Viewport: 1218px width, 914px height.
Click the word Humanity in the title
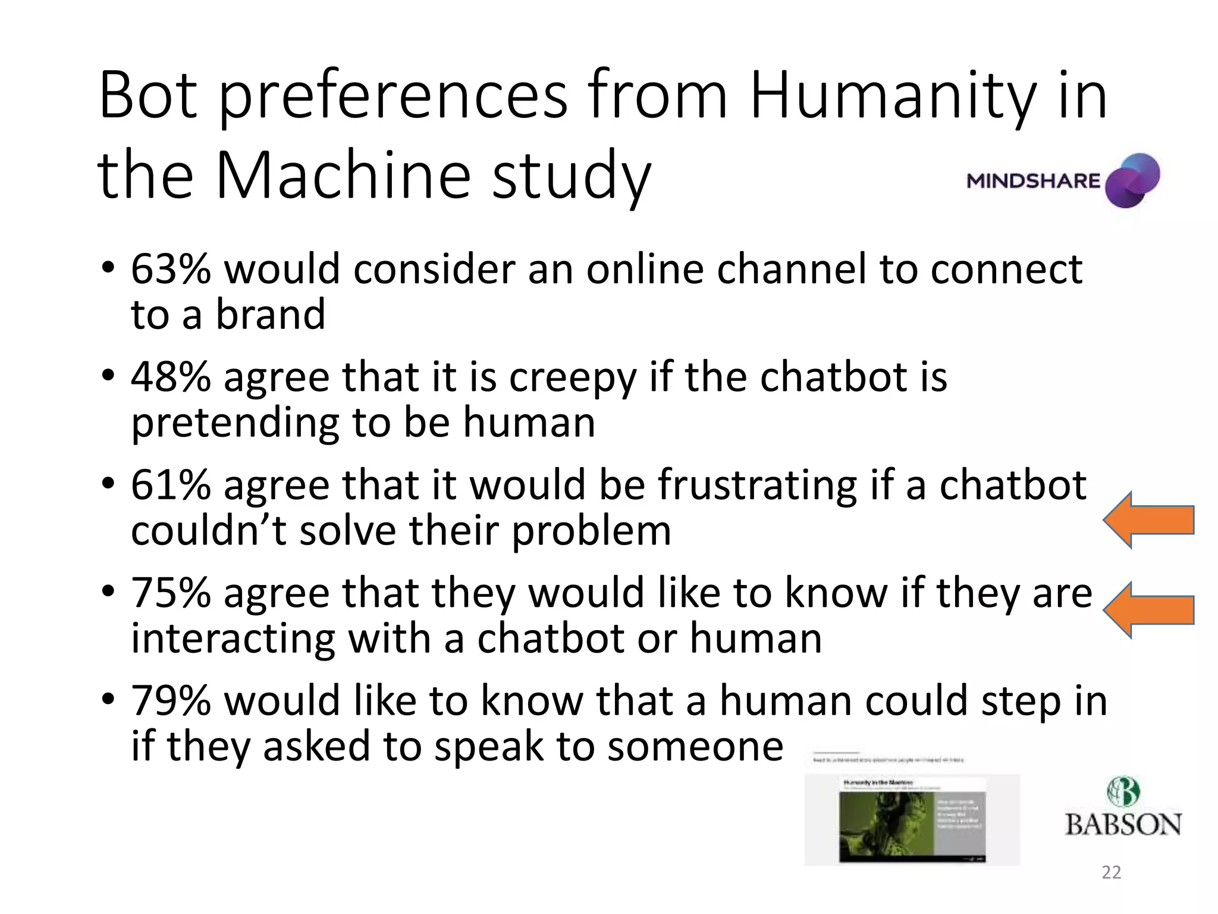point(893,95)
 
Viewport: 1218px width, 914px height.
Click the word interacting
point(233,638)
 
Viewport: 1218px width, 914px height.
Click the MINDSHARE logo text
point(1034,181)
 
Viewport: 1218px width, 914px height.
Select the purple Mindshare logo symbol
point(1132,180)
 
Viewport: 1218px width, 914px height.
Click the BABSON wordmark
point(1123,825)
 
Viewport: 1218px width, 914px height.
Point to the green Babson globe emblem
point(1123,791)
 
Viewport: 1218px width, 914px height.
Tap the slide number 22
point(1111,872)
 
